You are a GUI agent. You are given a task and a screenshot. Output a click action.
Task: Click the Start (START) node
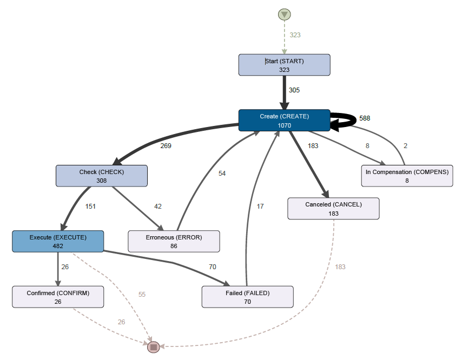(x=284, y=65)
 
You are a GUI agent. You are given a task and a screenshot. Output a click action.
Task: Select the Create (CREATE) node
(x=284, y=121)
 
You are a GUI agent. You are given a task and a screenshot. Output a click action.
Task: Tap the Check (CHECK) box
(x=102, y=176)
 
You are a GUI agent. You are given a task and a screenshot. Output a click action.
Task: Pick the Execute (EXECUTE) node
(x=58, y=241)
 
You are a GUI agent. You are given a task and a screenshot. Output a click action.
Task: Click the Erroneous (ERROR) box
(x=174, y=241)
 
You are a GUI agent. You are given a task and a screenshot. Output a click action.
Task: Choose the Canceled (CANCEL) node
(x=333, y=209)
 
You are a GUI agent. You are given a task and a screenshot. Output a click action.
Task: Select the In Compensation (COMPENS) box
(x=407, y=176)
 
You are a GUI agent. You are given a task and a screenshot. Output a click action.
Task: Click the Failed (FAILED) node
(x=247, y=297)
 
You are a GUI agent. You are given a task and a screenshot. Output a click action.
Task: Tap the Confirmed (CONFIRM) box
(x=58, y=297)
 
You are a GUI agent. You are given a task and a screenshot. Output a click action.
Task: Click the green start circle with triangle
(x=285, y=15)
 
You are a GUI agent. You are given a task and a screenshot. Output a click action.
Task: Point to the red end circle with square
(x=154, y=346)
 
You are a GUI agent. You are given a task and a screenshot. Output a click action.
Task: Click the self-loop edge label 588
(x=365, y=118)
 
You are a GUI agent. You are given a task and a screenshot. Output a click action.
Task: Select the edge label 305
(x=294, y=90)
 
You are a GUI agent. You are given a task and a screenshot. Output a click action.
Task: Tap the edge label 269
(x=166, y=145)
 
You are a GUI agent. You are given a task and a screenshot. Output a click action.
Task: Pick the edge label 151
(x=91, y=206)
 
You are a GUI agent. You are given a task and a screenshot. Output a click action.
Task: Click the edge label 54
(x=222, y=174)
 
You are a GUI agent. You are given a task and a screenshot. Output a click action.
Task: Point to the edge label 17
(x=260, y=206)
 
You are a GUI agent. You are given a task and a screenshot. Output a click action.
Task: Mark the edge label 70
(x=213, y=266)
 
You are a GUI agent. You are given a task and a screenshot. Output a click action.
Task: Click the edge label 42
(x=157, y=206)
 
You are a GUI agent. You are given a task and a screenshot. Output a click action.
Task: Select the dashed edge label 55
(x=142, y=295)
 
